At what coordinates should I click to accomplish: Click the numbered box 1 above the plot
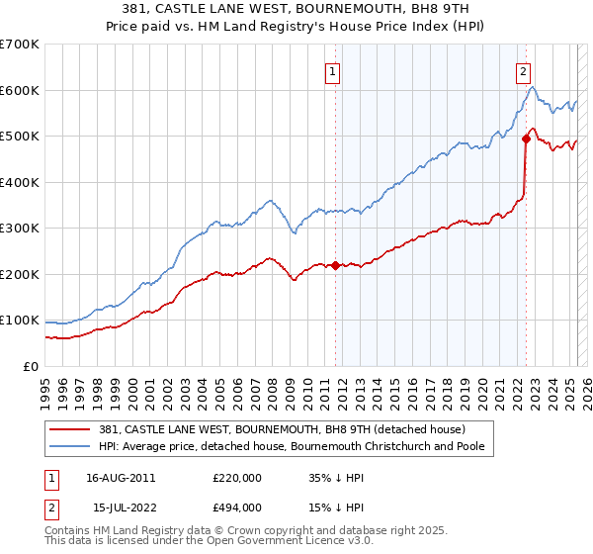coord(332,71)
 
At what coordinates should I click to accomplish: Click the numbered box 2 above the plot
coord(522,71)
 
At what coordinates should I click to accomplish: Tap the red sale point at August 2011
coord(336,265)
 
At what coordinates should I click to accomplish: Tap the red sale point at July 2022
coord(526,139)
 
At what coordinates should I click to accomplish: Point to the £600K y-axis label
coord(20,90)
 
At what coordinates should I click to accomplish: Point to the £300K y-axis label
coord(20,229)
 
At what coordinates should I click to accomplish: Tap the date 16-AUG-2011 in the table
coord(121,477)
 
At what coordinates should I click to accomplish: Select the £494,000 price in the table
coord(237,507)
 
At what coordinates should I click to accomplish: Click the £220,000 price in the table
coord(237,477)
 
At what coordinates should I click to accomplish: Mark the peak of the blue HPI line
coord(533,88)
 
